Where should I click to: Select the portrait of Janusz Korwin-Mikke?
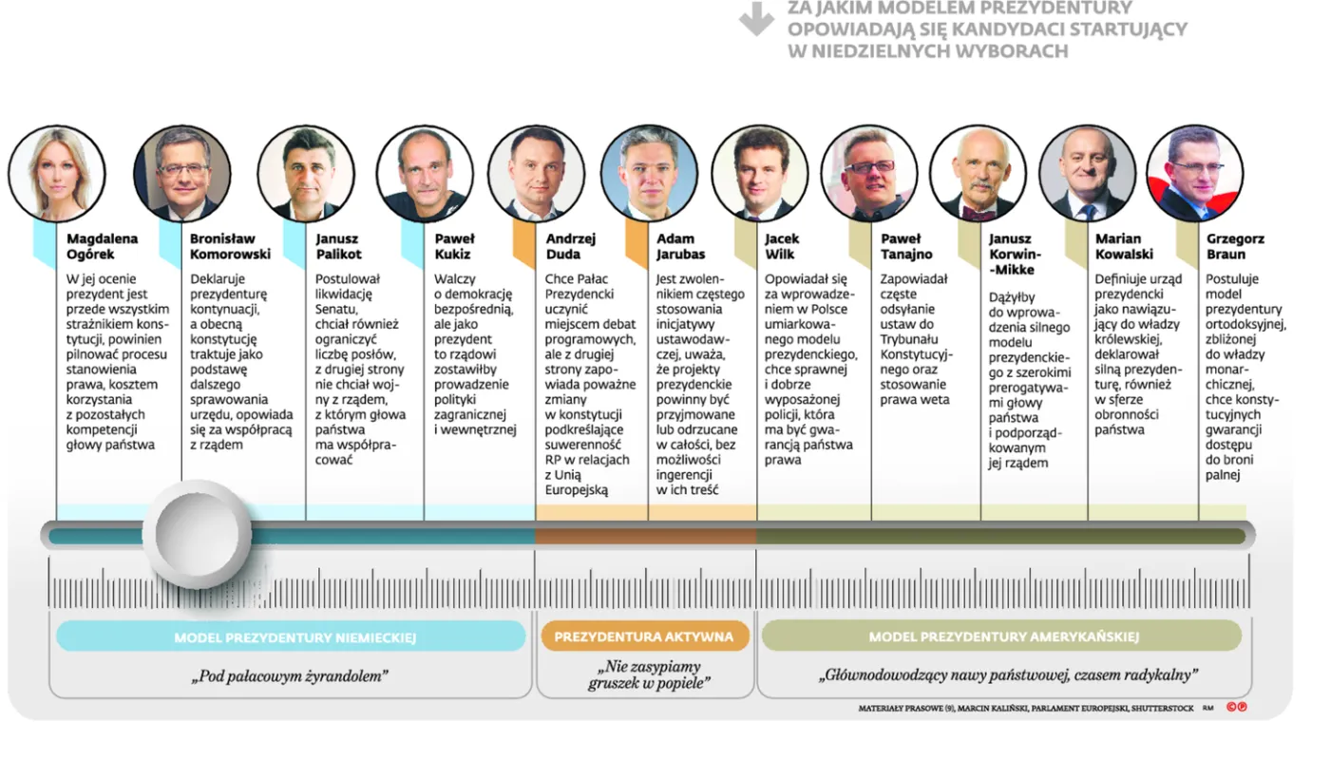pos(977,174)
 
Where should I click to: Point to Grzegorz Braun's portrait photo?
pos(1194,174)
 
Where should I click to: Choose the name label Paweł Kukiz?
pos(454,246)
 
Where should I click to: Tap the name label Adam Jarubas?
pos(680,246)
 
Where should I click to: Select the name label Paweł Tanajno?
pos(906,246)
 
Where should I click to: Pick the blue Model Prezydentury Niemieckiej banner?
pos(291,636)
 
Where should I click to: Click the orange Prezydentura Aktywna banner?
pos(644,636)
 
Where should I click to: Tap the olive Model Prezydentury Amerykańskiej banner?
pos(1001,636)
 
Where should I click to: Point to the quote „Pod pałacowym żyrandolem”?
pos(291,676)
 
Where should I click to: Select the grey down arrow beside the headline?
pos(756,18)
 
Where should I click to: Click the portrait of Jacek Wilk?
pos(758,174)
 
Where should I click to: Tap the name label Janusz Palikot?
pos(339,246)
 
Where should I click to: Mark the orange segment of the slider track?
pos(645,536)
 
